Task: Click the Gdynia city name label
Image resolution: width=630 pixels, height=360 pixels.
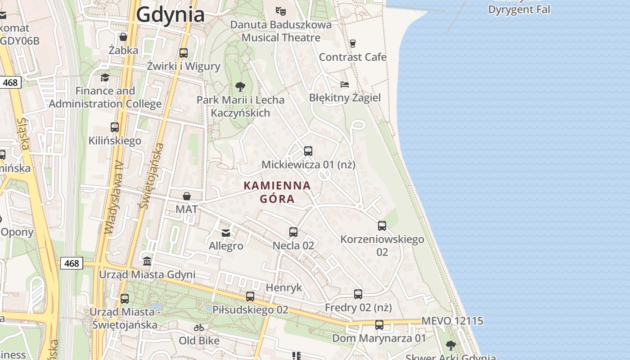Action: (170, 15)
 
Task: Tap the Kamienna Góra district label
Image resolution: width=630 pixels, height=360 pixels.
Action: (277, 192)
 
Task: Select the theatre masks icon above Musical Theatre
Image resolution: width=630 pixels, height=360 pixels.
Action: (280, 11)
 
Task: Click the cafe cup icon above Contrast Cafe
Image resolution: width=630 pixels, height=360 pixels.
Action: (353, 43)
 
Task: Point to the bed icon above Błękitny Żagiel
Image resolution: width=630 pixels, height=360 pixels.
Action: (345, 84)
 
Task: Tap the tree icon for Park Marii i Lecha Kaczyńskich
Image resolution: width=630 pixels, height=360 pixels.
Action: (240, 86)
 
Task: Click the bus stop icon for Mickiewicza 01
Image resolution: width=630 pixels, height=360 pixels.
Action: (308, 151)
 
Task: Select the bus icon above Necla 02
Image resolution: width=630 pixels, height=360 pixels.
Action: (293, 232)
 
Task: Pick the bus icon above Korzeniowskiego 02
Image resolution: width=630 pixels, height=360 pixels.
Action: (382, 226)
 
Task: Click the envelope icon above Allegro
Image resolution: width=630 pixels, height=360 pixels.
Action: (226, 233)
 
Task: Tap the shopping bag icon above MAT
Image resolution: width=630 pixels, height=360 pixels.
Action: (186, 196)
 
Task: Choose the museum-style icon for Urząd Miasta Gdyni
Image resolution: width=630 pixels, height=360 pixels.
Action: (147, 261)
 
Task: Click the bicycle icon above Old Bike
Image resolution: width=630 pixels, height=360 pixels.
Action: (199, 328)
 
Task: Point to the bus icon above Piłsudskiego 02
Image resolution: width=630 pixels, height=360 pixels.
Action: (250, 297)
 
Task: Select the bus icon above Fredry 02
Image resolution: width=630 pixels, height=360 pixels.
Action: (358, 294)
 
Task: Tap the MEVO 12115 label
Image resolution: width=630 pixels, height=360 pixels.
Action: (452, 321)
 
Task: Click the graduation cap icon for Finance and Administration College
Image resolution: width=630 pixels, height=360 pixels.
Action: (105, 77)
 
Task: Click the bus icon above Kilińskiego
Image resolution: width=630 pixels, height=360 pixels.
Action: (115, 127)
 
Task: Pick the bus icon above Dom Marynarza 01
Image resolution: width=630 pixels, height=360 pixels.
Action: (379, 325)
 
